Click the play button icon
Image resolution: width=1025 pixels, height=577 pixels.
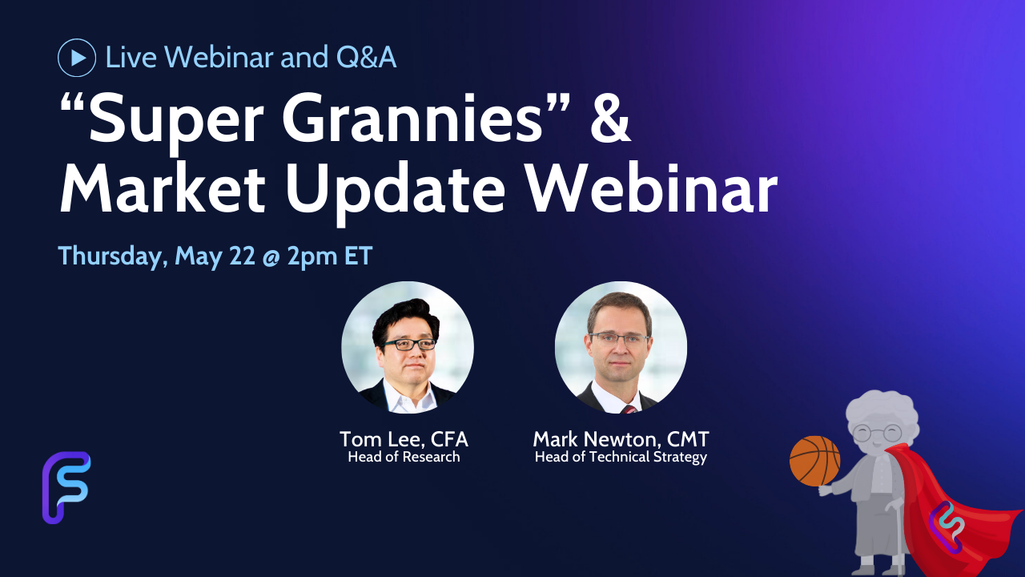[x=77, y=58]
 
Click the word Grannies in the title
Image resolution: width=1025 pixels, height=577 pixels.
[x=412, y=118]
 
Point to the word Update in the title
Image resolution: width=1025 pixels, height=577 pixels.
[x=396, y=194]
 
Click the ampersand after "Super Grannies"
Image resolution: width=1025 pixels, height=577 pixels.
[x=610, y=118]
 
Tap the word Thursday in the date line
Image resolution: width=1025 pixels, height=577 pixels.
[x=112, y=256]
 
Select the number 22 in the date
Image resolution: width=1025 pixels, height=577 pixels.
[x=242, y=256]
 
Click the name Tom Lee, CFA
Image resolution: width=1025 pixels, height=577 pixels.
[x=404, y=439]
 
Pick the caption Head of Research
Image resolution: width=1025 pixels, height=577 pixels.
[x=404, y=457]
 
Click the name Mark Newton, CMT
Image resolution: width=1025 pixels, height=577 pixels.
[x=621, y=439]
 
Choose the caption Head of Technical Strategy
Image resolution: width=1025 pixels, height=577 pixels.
[x=621, y=458]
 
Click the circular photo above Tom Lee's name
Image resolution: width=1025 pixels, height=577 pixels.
[x=408, y=348]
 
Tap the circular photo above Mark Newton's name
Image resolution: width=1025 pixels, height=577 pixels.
[x=621, y=348]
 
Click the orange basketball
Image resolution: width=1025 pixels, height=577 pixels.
[x=815, y=461]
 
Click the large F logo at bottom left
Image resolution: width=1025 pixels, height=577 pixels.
[x=66, y=488]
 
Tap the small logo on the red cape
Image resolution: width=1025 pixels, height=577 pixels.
[x=947, y=527]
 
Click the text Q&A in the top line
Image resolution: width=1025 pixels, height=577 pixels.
[x=366, y=58]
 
